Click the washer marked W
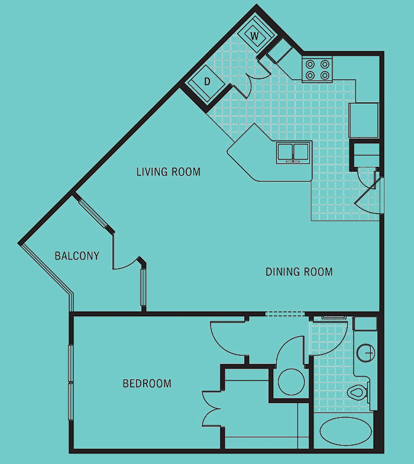(x=254, y=36)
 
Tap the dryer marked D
(x=208, y=82)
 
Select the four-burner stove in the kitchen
(x=317, y=70)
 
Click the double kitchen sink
(x=293, y=153)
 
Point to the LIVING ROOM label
(x=168, y=172)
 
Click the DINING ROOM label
(x=299, y=272)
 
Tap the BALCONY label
(x=77, y=256)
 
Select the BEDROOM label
(x=147, y=384)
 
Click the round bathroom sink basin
(x=366, y=353)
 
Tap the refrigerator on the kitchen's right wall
(x=364, y=120)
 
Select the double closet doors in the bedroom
(x=212, y=409)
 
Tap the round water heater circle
(x=291, y=382)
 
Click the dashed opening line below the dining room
(x=285, y=314)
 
